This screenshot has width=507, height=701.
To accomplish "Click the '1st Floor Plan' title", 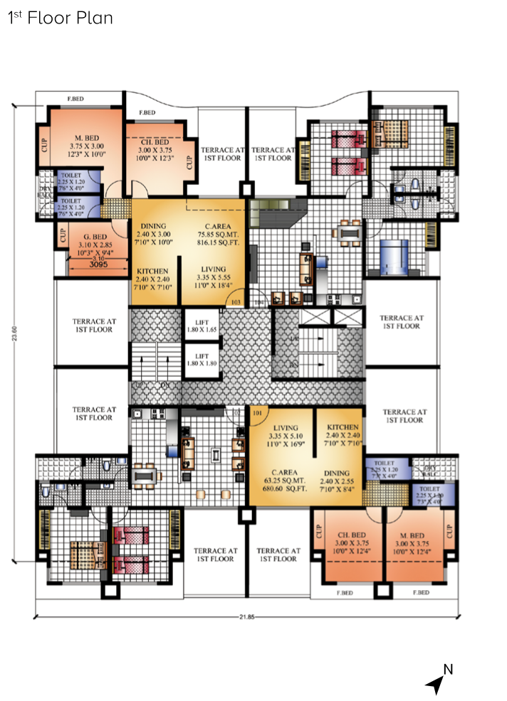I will point(61,18).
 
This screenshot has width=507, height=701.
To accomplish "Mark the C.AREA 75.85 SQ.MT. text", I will point(217,235).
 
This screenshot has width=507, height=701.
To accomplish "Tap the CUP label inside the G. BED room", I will point(63,235).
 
